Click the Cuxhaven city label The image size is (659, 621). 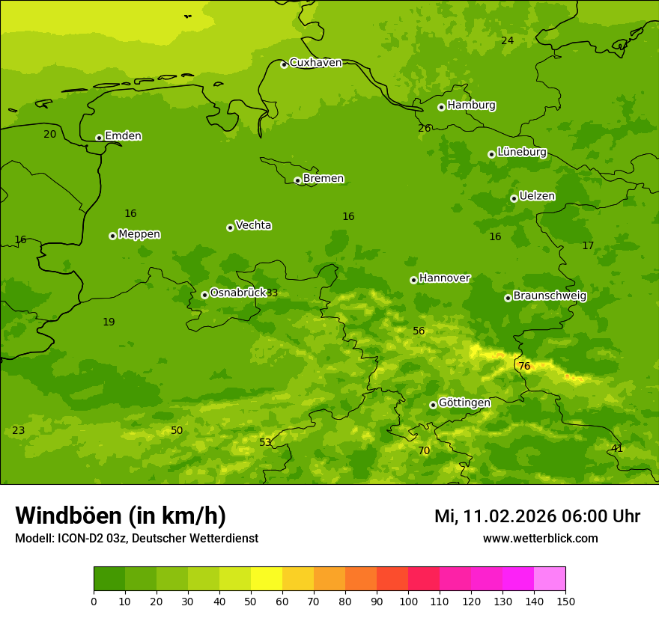pos(315,63)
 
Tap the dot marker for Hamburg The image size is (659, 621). pos(441,107)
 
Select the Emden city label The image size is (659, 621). pos(123,136)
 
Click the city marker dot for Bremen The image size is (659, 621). pos(297,180)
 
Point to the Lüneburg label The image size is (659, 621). pos(522,152)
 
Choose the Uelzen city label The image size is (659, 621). pos(537,197)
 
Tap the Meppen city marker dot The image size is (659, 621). pos(112,236)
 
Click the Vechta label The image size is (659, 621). pos(253,225)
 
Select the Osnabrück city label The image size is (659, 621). pos(238,293)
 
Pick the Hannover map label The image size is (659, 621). pos(444,278)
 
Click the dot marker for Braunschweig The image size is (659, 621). pos(508,298)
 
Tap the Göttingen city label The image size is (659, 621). pos(464,403)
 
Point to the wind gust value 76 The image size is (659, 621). pos(524,367)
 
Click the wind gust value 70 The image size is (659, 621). pos(424,451)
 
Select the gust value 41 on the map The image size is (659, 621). pos(617,449)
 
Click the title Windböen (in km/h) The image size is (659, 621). pos(121,516)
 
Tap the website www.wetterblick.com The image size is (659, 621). pos(540,539)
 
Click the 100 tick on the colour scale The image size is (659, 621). pos(408,601)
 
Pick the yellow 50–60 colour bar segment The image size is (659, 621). pos(267,579)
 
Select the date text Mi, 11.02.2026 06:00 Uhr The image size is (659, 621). pos(537,516)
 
